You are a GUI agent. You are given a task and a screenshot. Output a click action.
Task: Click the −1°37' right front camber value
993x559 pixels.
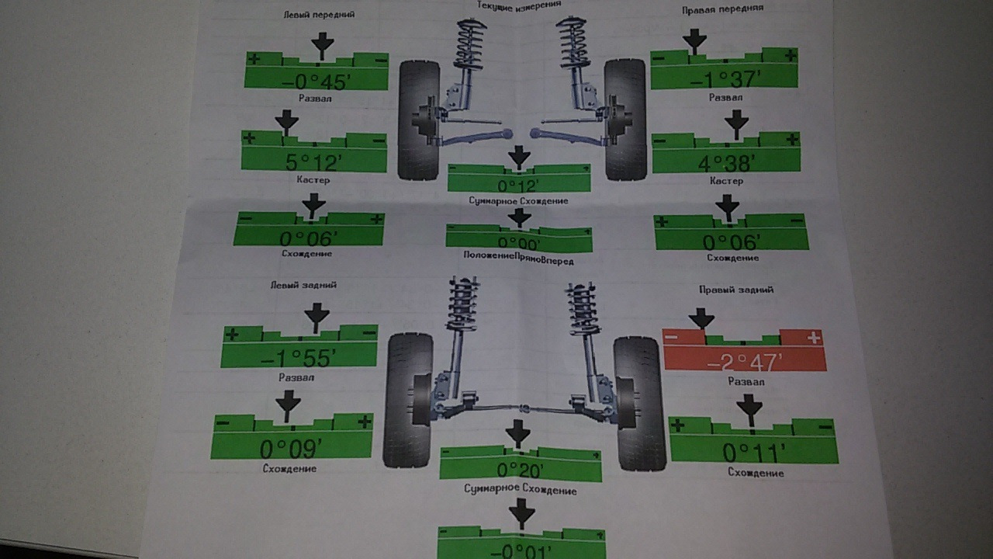click(724, 78)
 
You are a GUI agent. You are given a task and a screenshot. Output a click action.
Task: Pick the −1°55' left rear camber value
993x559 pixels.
click(298, 358)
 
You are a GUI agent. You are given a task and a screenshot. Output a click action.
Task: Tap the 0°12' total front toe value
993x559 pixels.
click(518, 186)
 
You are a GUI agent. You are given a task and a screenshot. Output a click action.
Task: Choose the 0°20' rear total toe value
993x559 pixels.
click(519, 470)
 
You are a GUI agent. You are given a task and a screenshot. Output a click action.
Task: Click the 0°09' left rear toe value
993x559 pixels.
click(289, 449)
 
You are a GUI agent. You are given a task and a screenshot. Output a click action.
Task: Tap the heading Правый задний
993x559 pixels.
click(735, 290)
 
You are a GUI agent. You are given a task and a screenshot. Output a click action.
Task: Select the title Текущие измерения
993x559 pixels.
click(520, 5)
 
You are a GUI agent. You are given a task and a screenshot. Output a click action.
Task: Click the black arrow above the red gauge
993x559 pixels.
click(701, 318)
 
